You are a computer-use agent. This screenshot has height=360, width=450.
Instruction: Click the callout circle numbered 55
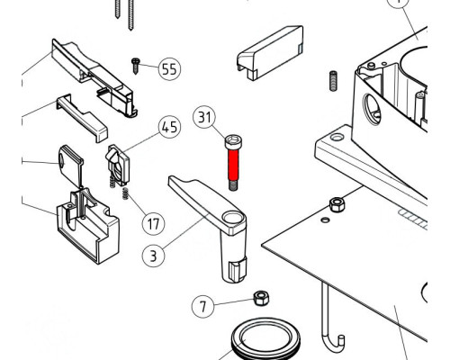click(169, 69)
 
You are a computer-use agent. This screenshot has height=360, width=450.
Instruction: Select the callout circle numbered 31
click(204, 117)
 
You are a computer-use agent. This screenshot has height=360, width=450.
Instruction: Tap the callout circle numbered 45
click(170, 128)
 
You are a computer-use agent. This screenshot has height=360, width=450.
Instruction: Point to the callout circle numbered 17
click(153, 224)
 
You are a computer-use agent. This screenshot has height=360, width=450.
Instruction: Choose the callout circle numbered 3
click(153, 256)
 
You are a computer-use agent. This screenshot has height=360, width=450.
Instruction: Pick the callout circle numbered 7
click(203, 306)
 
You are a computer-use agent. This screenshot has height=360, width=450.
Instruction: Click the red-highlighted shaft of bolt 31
click(233, 165)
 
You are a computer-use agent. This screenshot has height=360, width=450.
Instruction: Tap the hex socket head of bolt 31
click(234, 142)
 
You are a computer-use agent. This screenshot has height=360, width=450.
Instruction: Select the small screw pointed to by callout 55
click(135, 66)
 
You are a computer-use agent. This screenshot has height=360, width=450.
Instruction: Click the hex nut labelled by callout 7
click(261, 298)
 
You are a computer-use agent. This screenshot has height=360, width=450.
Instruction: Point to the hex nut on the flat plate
click(337, 204)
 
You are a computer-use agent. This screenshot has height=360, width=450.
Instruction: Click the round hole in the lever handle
click(232, 217)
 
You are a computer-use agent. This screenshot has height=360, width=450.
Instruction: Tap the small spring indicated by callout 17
click(126, 194)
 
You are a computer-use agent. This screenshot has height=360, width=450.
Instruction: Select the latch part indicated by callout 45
click(117, 165)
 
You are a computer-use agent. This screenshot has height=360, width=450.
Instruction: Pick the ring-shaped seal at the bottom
click(265, 339)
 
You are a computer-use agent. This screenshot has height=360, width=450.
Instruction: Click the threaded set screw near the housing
click(333, 81)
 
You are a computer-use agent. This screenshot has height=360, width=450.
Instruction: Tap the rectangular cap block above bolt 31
click(270, 53)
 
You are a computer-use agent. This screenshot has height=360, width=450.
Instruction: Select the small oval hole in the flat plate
click(325, 220)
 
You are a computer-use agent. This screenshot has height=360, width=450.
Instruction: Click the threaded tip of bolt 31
click(233, 185)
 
